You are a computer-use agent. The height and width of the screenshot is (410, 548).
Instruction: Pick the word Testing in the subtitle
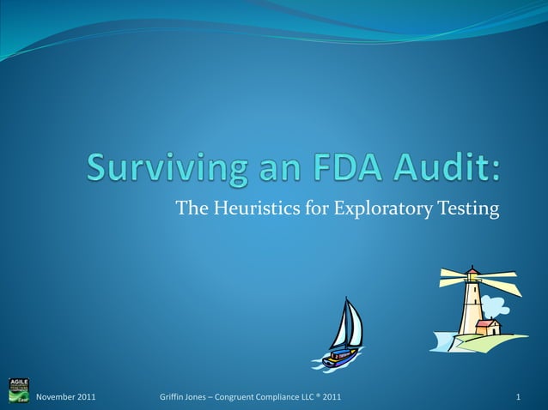pyautogui.click(x=471, y=207)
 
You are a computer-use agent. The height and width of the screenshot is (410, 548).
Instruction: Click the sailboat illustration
pyautogui.click(x=344, y=335)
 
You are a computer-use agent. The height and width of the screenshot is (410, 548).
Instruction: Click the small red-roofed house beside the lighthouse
pyautogui.click(x=488, y=327)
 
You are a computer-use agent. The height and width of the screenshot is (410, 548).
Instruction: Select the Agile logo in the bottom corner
pyautogui.click(x=18, y=390)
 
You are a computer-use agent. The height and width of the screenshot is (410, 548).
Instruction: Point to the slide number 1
pyautogui.click(x=519, y=397)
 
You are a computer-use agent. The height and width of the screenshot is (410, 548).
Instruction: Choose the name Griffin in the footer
pyautogui.click(x=174, y=397)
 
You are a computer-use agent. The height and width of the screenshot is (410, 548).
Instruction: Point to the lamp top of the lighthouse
pyautogui.click(x=471, y=274)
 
